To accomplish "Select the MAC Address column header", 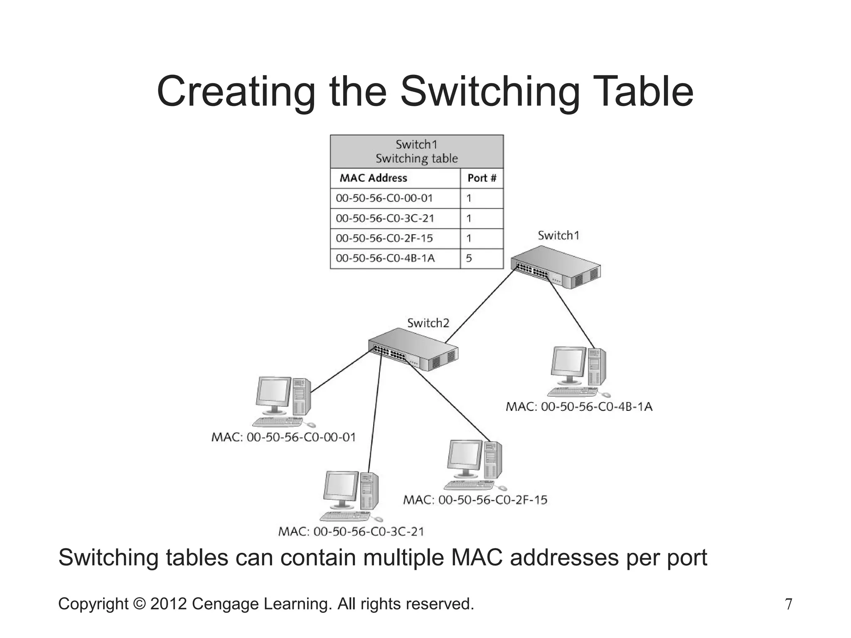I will point(373,178).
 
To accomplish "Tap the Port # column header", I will point(482,178).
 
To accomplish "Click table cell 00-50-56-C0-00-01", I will point(384,198).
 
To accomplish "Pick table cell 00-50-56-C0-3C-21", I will point(385,218).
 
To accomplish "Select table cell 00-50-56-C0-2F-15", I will point(384,238).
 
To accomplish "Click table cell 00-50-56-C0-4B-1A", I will point(385,258).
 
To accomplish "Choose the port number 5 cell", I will point(469,258).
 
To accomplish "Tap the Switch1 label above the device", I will point(558,236).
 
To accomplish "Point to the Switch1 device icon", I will point(556,267).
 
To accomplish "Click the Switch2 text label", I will point(428,323).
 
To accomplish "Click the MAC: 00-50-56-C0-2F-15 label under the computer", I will point(475,500).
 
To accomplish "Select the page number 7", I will point(788,604).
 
